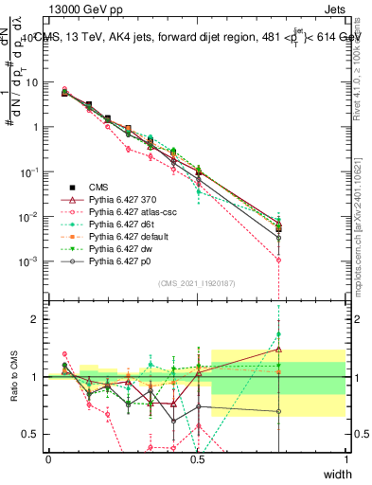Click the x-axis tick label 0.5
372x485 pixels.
(196, 459)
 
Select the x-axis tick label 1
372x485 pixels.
(346, 459)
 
